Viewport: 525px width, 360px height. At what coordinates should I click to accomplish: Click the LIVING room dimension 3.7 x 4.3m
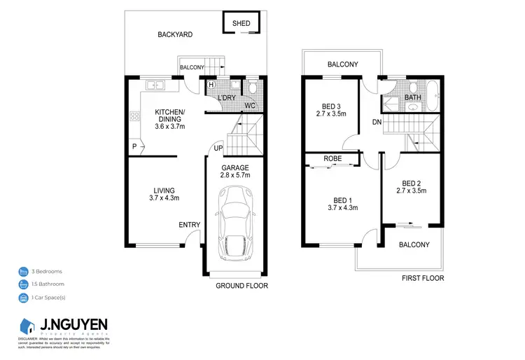(x=164, y=199)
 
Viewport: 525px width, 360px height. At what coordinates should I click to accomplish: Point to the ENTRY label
(x=190, y=225)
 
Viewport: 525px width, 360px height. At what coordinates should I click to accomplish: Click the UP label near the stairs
(x=218, y=148)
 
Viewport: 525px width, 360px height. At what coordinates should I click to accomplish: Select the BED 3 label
(x=332, y=104)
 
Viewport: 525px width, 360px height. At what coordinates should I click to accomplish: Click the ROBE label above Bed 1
(x=332, y=159)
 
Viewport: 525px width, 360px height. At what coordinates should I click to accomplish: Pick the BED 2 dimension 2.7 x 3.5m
(x=412, y=191)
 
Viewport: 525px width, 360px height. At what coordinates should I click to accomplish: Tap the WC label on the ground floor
(x=249, y=106)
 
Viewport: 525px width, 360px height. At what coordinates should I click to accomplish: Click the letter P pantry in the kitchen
(x=134, y=146)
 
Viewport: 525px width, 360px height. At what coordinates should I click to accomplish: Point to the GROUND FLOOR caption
(x=242, y=286)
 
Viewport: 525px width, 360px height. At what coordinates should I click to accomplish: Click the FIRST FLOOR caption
(x=422, y=278)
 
